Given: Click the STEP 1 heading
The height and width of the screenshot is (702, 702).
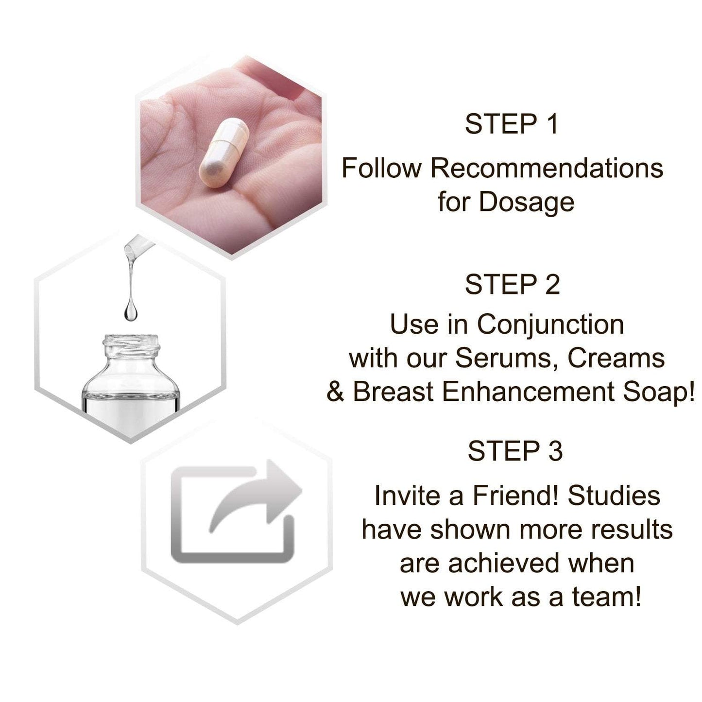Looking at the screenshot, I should click(x=512, y=124).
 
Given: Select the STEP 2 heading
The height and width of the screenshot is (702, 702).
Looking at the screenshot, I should click(x=512, y=285).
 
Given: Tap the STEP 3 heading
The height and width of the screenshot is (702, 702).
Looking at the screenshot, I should click(x=515, y=451).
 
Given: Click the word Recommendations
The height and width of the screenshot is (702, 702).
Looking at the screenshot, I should click(x=547, y=169).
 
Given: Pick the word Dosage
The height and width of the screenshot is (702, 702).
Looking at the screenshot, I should click(x=527, y=202).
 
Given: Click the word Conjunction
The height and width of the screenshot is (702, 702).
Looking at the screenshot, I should click(x=550, y=325).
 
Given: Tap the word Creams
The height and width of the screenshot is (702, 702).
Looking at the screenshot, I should click(x=616, y=359).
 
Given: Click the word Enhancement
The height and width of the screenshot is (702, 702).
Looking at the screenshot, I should click(x=529, y=392).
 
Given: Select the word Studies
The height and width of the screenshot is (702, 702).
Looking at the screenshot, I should click(x=614, y=496).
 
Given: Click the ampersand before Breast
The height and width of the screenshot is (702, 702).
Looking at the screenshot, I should click(x=335, y=392).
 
